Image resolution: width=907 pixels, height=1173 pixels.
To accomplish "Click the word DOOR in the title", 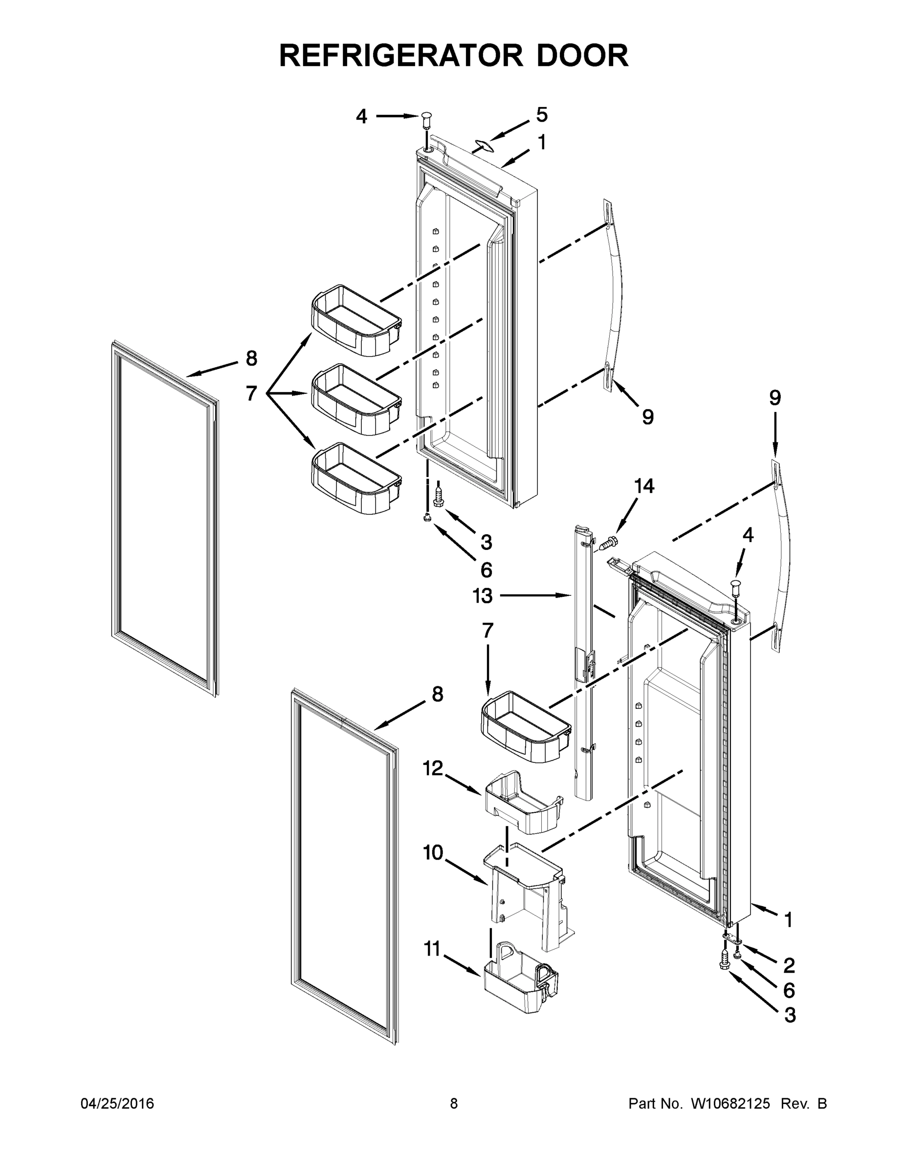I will pyautogui.click(x=582, y=55).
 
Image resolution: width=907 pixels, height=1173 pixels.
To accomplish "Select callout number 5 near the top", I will pyautogui.click(x=542, y=114).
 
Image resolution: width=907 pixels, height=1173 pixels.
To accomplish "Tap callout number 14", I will pyautogui.click(x=644, y=486).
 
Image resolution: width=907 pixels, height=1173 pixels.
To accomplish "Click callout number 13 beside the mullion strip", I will pyautogui.click(x=483, y=596).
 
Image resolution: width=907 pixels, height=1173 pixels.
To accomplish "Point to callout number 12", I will pyautogui.click(x=433, y=769).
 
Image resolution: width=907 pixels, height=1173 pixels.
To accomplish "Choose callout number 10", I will pyautogui.click(x=433, y=852).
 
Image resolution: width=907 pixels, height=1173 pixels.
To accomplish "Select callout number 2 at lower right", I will pyautogui.click(x=789, y=966).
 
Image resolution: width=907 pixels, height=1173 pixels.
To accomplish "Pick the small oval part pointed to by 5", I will pyautogui.click(x=484, y=145).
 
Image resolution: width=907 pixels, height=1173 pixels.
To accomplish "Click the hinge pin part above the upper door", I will pyautogui.click(x=427, y=120).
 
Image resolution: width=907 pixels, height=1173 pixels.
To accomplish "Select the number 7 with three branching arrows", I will pyautogui.click(x=251, y=393).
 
